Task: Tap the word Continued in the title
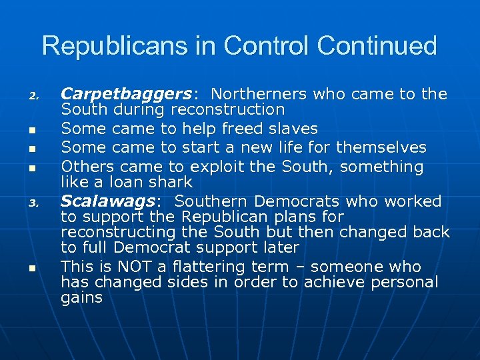pyautogui.click(x=377, y=46)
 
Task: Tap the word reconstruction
pyautogui.click(x=229, y=109)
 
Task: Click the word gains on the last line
pyautogui.click(x=81, y=298)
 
